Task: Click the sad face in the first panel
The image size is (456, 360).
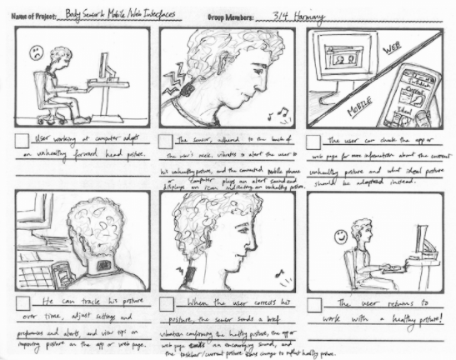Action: pyautogui.click(x=37, y=52)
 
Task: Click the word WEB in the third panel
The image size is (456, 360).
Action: pyautogui.click(x=390, y=52)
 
